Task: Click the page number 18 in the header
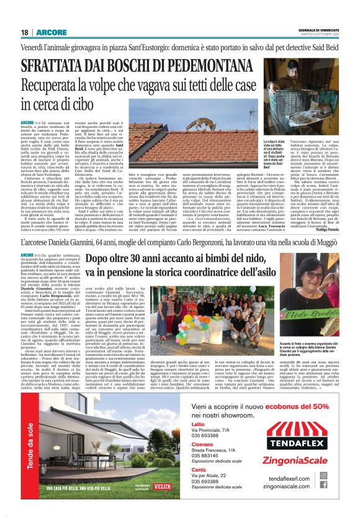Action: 24,32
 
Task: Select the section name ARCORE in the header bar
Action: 47,32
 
